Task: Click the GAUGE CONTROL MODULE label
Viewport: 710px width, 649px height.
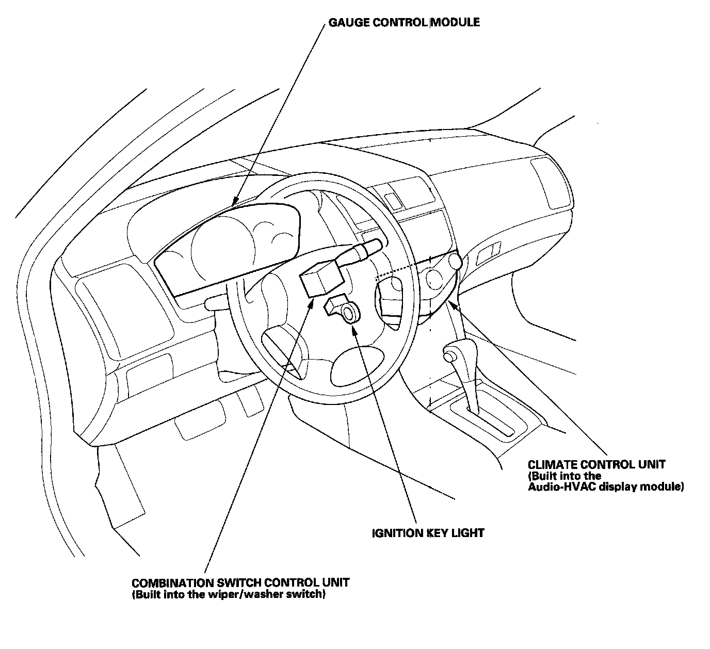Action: click(x=404, y=22)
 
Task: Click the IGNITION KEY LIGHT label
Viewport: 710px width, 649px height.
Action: click(x=428, y=533)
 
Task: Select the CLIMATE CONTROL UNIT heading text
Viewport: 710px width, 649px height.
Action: click(x=596, y=464)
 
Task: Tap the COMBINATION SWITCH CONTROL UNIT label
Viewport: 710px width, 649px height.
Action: click(x=240, y=582)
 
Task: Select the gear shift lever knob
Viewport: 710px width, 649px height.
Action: click(x=449, y=355)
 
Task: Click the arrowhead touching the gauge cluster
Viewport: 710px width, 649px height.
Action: click(x=235, y=201)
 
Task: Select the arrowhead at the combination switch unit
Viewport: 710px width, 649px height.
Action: click(x=311, y=303)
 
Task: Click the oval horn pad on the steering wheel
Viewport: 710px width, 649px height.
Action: click(x=358, y=367)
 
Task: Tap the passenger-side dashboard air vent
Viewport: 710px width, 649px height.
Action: click(x=551, y=183)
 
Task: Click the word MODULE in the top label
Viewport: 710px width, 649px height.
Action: click(x=455, y=22)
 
